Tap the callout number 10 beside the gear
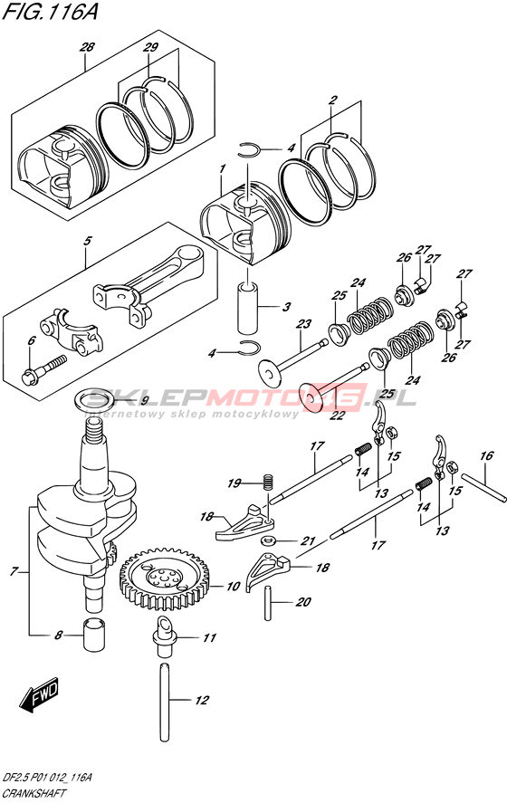pos(233,586)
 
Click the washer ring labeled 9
pos(96,399)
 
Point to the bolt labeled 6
pos(44,368)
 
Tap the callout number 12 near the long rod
pos(202,700)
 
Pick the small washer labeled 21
pos(267,540)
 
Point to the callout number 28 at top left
pos(87,48)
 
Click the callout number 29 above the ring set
pos(150,48)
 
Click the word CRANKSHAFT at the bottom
pos(33,793)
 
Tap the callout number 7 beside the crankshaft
pos(14,571)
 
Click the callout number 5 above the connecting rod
pos(88,241)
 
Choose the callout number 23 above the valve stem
pos(303,324)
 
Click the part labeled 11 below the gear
pos(165,636)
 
